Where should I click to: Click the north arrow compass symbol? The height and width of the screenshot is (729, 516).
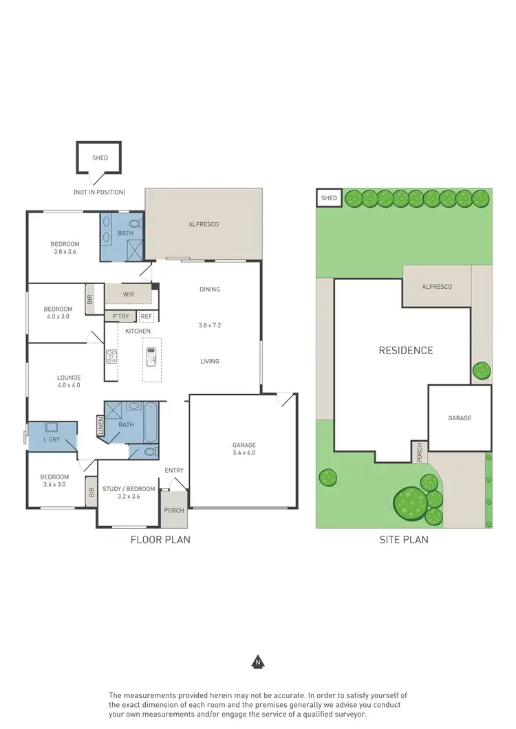pos(258,663)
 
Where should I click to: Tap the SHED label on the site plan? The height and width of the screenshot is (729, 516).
pos(330,199)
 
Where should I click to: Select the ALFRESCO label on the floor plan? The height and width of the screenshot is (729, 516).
pos(204,224)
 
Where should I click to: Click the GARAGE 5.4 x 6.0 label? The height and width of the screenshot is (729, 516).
pos(244,449)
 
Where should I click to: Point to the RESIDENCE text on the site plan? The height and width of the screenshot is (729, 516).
pos(406,350)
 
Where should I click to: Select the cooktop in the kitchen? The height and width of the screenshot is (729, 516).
pos(111,356)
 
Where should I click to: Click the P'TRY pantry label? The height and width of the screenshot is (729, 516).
pos(121,316)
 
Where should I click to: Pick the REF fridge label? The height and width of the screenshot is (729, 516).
pos(146,316)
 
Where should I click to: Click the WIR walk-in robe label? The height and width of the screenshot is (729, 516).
pos(128,294)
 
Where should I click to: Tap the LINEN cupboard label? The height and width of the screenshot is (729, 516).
pos(101,426)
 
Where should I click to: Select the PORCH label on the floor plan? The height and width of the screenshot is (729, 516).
pos(174,510)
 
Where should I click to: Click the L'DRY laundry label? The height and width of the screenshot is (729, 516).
pos(51,439)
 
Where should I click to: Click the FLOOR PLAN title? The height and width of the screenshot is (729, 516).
pos(160,540)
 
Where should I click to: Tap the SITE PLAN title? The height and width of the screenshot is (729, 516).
pos(404,540)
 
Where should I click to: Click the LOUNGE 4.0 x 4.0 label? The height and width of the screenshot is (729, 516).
pos(69,381)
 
